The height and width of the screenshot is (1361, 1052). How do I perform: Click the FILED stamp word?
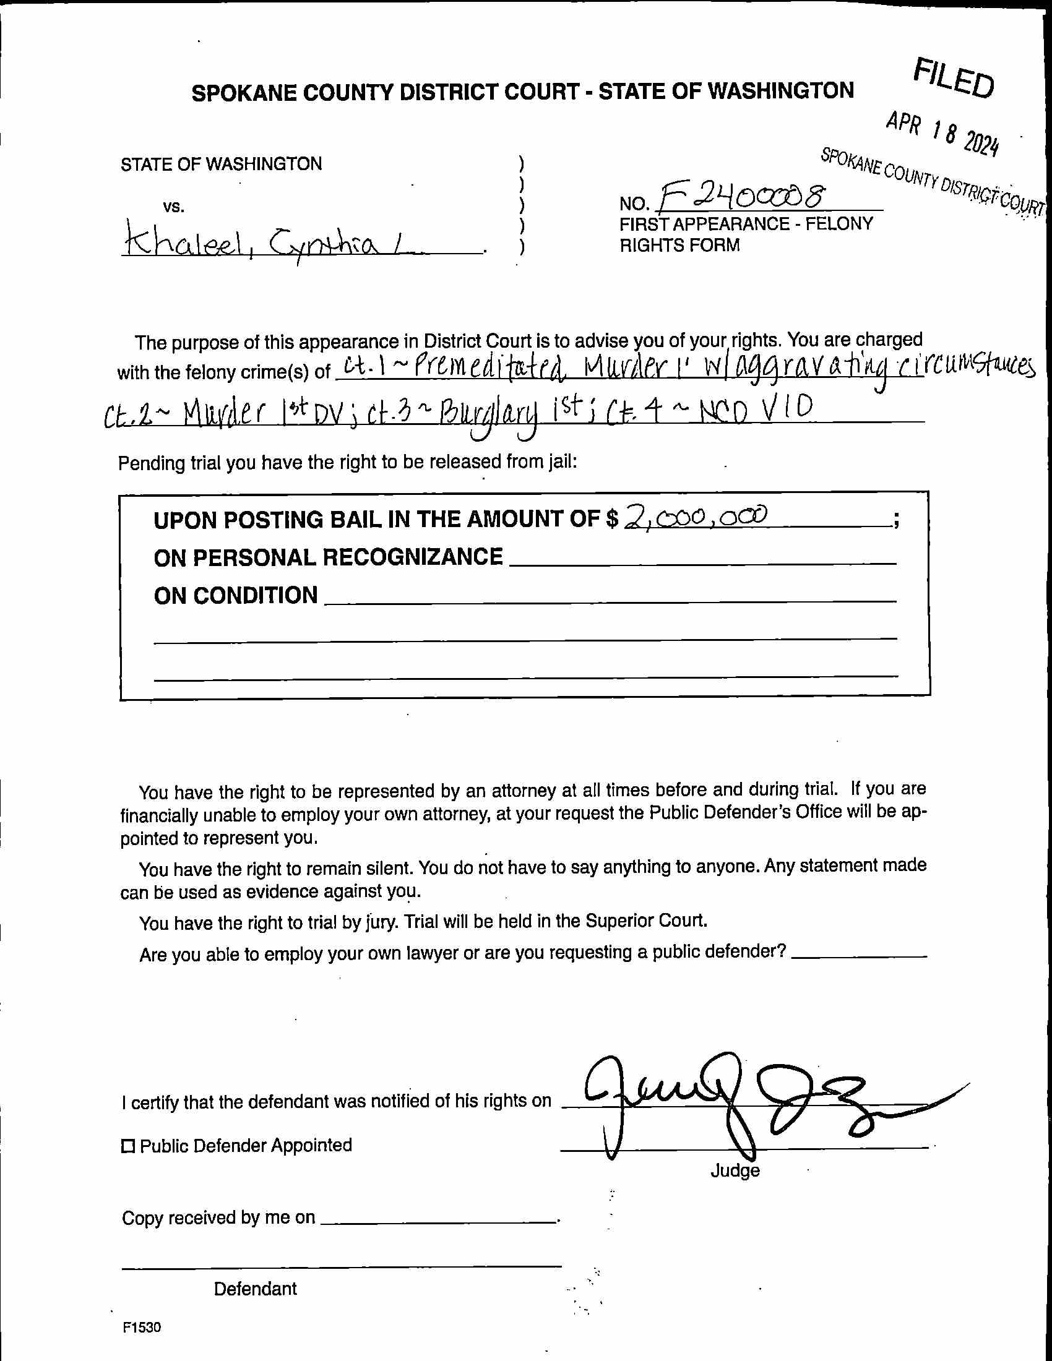coord(954,78)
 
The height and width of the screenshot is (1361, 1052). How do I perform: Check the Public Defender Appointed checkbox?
coord(127,1146)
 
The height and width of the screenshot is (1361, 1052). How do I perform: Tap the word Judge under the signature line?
coord(735,1171)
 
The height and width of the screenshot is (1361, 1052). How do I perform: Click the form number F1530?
coord(142,1328)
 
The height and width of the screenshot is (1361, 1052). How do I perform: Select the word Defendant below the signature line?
coord(255,1289)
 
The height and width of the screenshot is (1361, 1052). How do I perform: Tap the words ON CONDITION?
coord(236,596)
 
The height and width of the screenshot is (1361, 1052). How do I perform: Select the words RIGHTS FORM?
coord(679,246)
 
